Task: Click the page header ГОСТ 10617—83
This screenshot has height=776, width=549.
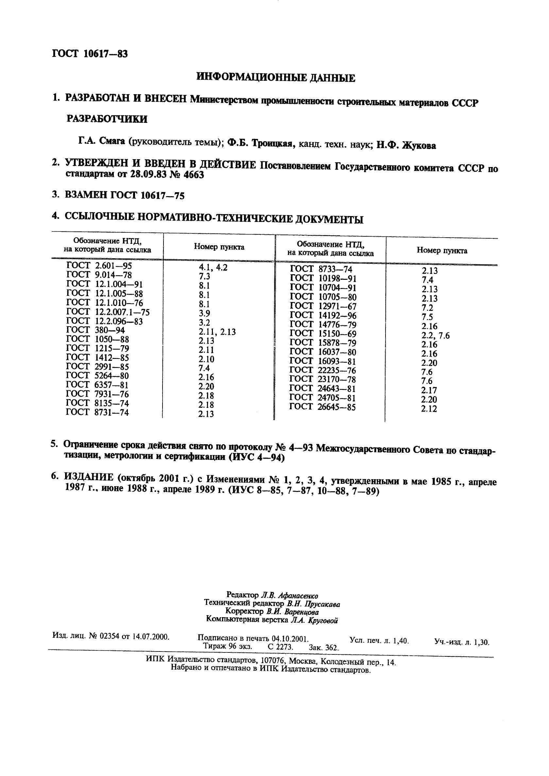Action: click(x=90, y=53)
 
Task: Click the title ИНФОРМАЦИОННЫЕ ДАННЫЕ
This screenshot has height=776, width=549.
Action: click(x=276, y=78)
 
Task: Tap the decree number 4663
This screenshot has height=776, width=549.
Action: click(x=193, y=176)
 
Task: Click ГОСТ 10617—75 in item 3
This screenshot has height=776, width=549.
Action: click(x=147, y=195)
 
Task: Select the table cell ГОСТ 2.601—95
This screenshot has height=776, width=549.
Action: click(x=99, y=266)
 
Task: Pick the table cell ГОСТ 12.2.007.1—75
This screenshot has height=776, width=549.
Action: click(x=108, y=312)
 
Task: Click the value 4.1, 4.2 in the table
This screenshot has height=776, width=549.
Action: click(x=213, y=268)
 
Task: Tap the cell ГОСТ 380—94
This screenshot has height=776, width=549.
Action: click(x=95, y=330)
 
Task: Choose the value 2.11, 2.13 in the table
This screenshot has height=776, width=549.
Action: click(x=217, y=332)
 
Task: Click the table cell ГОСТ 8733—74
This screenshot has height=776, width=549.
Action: click(x=321, y=269)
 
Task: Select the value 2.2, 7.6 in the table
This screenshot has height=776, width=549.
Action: click(x=436, y=336)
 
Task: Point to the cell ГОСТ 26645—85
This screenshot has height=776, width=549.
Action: click(x=322, y=407)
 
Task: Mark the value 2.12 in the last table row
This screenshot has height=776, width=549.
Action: click(x=429, y=409)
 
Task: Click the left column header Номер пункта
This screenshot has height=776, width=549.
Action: click(x=219, y=247)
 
